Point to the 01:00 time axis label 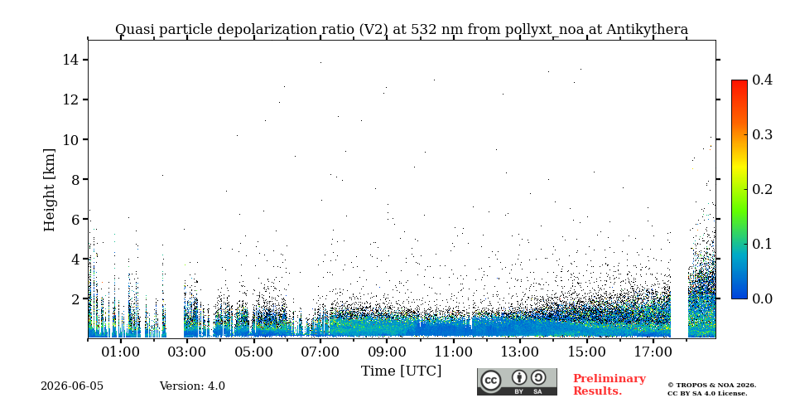(x=121, y=352)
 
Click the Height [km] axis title (x=49, y=190)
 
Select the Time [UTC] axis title (x=401, y=371)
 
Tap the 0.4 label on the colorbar (x=762, y=80)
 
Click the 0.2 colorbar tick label (x=762, y=189)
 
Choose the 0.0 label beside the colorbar (x=762, y=298)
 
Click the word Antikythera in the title (x=648, y=30)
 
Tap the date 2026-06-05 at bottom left (x=72, y=386)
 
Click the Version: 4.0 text (x=192, y=386)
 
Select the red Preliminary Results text (x=609, y=385)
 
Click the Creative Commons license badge (x=517, y=381)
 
